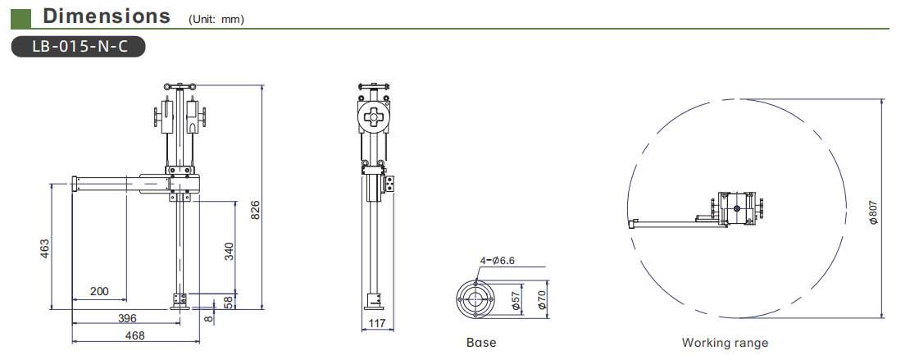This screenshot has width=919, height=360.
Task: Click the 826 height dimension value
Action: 255,210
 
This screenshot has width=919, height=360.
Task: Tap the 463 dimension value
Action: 45,248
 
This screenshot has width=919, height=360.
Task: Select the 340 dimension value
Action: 230,251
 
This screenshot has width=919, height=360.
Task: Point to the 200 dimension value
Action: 100,291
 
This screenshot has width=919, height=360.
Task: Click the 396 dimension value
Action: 127,318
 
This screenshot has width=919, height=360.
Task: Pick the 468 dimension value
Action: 134,336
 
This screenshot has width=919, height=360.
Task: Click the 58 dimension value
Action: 230,302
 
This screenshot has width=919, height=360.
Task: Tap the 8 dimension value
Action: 209,319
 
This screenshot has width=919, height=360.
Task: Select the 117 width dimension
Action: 377,323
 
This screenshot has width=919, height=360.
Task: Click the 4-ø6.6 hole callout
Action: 497,261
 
